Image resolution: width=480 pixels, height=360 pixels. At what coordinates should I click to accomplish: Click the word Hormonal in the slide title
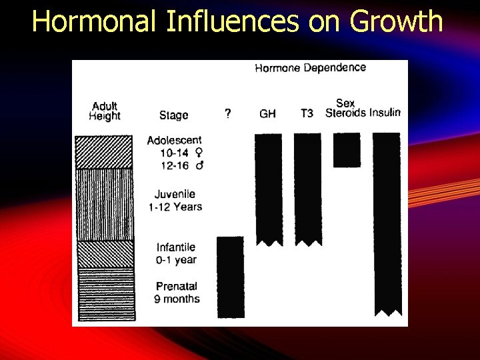point(95,21)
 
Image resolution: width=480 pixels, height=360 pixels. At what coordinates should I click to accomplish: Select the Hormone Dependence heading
point(310,67)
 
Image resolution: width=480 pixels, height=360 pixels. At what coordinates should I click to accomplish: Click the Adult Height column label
point(105,111)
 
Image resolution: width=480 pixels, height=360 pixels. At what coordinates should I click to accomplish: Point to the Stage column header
point(173,115)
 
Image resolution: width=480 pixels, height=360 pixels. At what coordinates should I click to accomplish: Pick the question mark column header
point(228,114)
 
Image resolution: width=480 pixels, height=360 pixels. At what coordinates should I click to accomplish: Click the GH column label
point(267,114)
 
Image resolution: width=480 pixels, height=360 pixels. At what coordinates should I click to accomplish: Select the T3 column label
point(306,114)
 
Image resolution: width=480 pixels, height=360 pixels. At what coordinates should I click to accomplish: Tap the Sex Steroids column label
point(345,108)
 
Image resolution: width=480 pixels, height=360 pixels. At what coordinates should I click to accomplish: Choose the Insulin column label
point(385,113)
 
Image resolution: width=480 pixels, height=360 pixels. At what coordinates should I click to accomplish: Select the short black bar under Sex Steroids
point(347,150)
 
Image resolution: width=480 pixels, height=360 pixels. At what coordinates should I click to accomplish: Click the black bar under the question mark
point(231,277)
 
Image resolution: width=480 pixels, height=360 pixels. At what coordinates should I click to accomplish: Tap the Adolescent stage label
point(174,140)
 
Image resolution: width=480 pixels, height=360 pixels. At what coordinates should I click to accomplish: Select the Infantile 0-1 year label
point(176,253)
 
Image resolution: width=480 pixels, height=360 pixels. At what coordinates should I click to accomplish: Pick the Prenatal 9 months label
point(177,293)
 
